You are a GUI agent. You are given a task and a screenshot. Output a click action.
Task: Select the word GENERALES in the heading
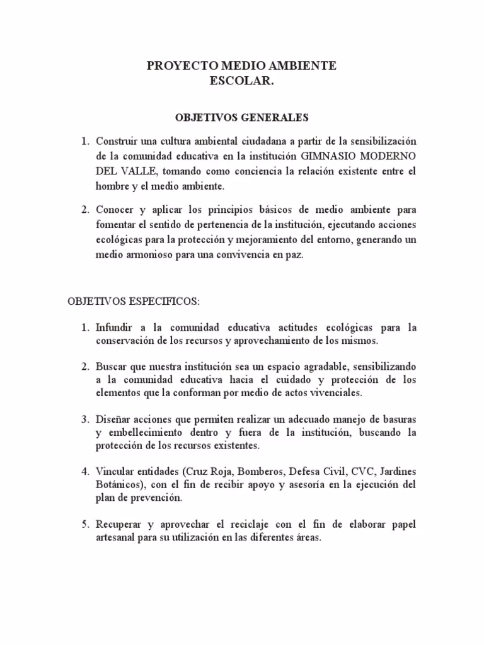pos(277,117)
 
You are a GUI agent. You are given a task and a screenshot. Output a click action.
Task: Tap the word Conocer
pos(117,208)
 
